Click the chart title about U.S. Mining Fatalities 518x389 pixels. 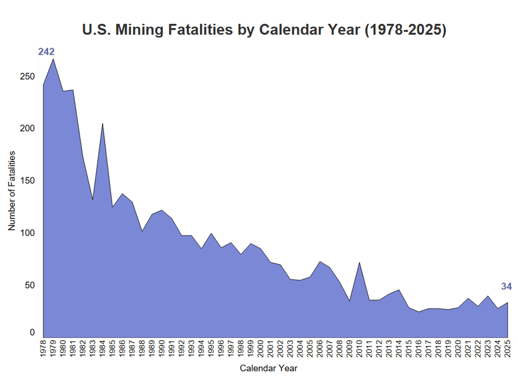(x=264, y=30)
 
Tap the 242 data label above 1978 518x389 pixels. (x=46, y=52)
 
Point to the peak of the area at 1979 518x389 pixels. (x=53, y=59)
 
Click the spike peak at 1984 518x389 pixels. (x=103, y=123)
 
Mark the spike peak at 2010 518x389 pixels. (x=359, y=263)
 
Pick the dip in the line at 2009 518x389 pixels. (x=350, y=301)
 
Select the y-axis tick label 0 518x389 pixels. (x=32, y=333)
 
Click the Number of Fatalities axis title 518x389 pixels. (x=11, y=190)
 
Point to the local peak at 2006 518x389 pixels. (x=320, y=261)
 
